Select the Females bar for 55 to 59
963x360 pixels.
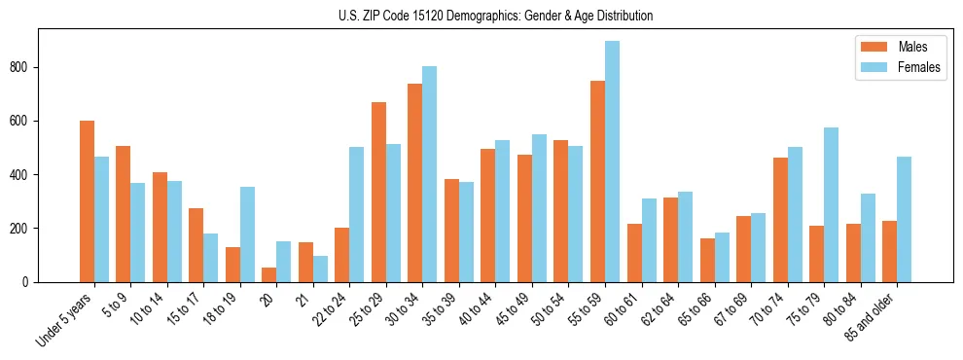pyautogui.click(x=612, y=162)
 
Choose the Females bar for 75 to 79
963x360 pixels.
pyautogui.click(x=831, y=204)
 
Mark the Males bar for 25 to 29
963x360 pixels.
pyautogui.click(x=378, y=192)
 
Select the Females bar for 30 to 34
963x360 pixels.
pyautogui.click(x=430, y=174)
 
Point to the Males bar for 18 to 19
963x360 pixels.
pyautogui.click(x=232, y=265)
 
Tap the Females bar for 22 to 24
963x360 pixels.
pyautogui.click(x=357, y=215)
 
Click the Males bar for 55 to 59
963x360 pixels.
pyautogui.click(x=597, y=182)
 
